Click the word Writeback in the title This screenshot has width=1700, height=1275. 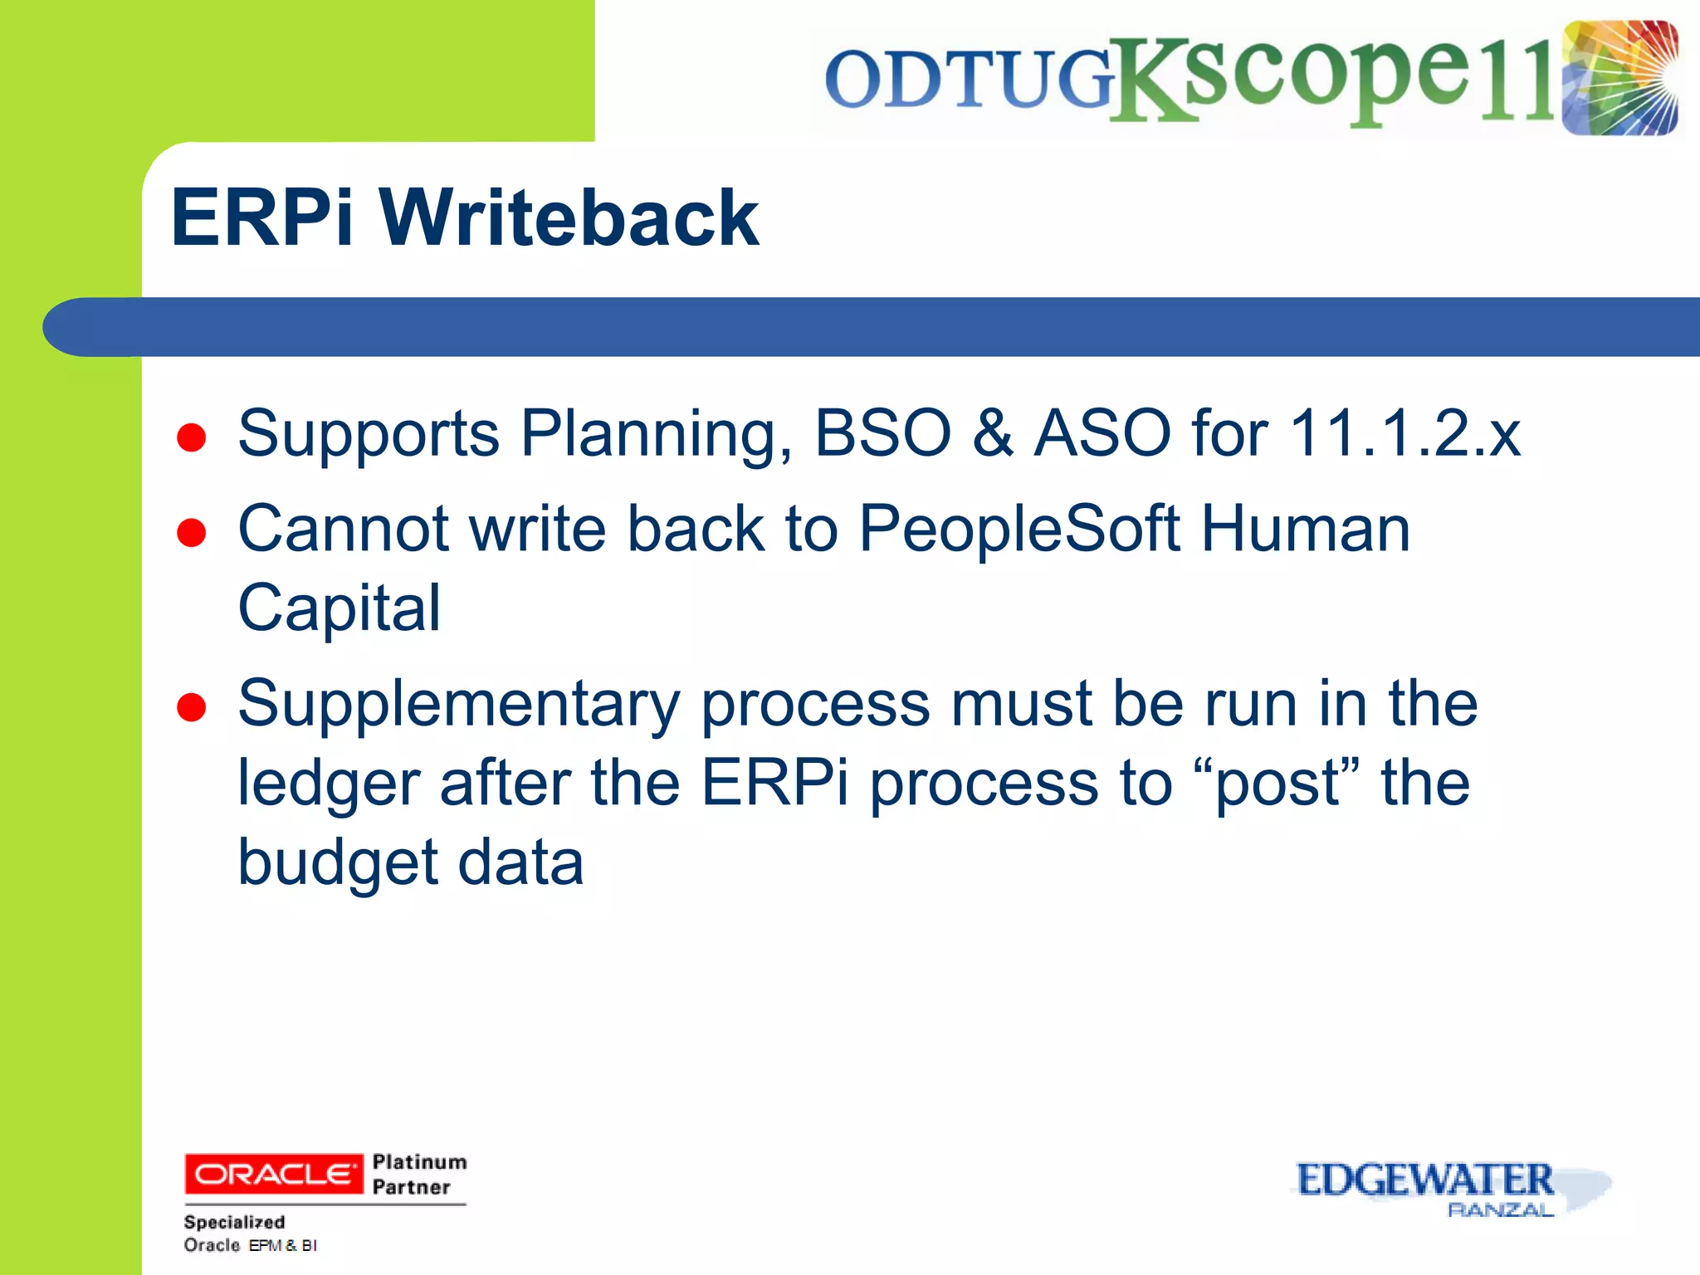[x=569, y=217]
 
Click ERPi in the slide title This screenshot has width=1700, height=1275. [x=262, y=217]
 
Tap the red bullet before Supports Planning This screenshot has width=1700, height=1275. [x=192, y=437]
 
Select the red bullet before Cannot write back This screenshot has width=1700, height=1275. [x=192, y=533]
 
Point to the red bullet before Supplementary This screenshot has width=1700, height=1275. [x=192, y=708]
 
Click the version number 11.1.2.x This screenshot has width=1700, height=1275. [x=1404, y=433]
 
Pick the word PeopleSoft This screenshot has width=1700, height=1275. [x=1019, y=529]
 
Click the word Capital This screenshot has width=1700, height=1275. [x=339, y=608]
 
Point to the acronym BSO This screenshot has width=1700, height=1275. [x=882, y=433]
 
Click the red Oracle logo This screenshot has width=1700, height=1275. [x=274, y=1174]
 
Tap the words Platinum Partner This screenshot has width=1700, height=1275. [x=419, y=1174]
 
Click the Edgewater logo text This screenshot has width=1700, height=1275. [x=1424, y=1180]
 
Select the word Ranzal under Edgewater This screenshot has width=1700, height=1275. [x=1500, y=1210]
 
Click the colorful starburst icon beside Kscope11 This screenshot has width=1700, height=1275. [x=1619, y=78]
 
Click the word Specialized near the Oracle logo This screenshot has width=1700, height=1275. [x=234, y=1222]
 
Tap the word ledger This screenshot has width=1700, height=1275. [x=329, y=784]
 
